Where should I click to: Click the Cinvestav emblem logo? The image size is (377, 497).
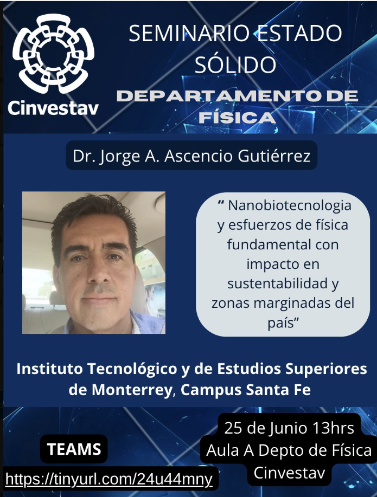coord(53,54)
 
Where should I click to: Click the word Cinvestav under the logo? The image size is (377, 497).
coord(53,108)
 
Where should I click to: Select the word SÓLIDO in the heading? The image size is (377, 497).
coord(235,64)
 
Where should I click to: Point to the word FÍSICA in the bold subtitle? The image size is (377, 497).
coord(237,118)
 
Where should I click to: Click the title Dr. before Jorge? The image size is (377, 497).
coord(84,156)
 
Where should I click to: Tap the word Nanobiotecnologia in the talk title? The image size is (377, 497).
coord(290,206)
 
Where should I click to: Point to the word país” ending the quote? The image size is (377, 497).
coord(283,322)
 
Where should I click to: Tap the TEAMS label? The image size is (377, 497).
coord(74,449)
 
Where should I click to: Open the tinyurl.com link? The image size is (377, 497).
coord(108,479)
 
